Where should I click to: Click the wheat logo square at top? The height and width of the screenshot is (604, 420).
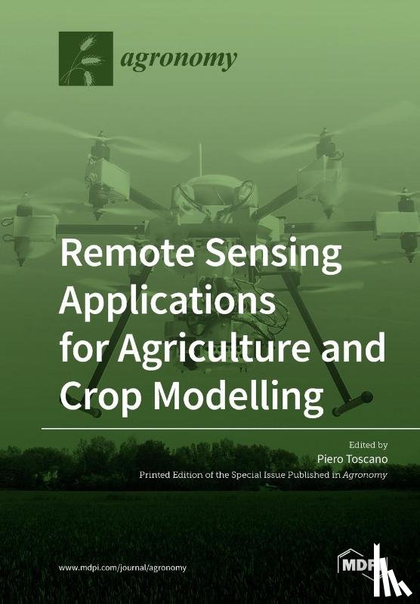pos(85,58)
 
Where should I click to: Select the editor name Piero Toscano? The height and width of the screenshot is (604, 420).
pos(353,460)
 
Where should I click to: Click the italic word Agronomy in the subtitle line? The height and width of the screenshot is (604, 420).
pos(366,476)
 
